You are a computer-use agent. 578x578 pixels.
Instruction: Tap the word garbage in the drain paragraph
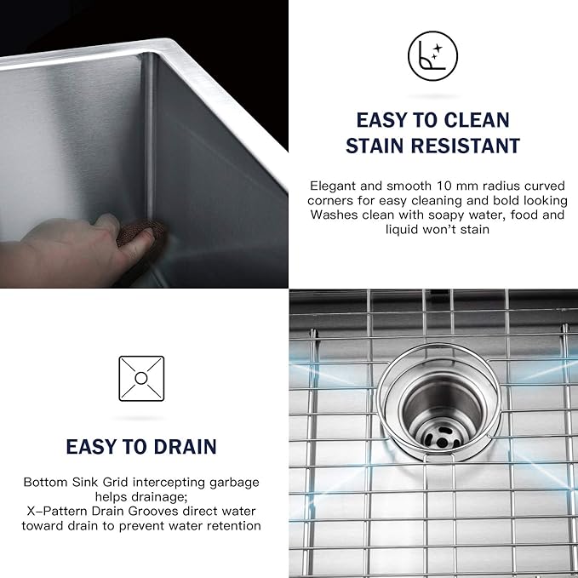point(232,482)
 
